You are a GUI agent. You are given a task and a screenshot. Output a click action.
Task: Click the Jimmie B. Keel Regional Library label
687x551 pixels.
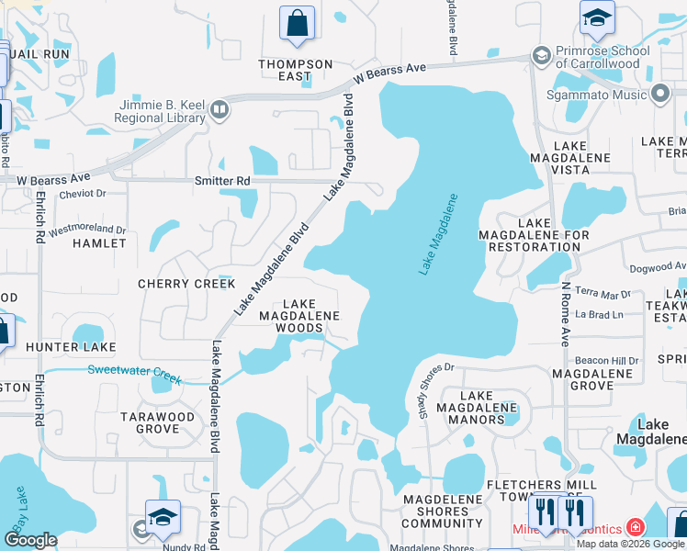[x=160, y=110]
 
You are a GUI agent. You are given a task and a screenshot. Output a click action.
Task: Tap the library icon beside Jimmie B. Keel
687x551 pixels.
[x=219, y=111]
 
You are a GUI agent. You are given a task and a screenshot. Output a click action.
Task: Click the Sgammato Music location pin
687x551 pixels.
[x=659, y=93]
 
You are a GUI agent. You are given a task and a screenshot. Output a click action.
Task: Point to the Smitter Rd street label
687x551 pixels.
[x=222, y=181]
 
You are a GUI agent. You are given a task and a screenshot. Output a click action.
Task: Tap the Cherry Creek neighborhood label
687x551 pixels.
[x=186, y=284]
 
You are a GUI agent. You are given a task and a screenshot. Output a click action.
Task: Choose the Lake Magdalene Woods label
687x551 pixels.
[x=298, y=316]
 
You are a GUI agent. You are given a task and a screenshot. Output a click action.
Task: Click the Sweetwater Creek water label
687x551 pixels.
[x=134, y=373]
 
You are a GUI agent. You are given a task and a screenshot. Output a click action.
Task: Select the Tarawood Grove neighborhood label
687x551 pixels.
[x=158, y=422]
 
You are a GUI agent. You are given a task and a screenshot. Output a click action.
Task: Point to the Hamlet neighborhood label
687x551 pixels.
[x=99, y=243]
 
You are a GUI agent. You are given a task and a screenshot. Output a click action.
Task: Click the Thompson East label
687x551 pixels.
[x=295, y=70]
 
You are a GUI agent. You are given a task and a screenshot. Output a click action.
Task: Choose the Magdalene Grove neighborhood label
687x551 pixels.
[x=591, y=379]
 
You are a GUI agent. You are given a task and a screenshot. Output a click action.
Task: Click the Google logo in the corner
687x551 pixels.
[x=31, y=540]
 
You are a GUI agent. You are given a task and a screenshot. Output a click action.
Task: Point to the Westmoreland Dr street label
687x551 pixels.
[x=87, y=229]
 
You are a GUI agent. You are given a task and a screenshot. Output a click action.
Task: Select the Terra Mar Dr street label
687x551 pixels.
[x=603, y=295]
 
